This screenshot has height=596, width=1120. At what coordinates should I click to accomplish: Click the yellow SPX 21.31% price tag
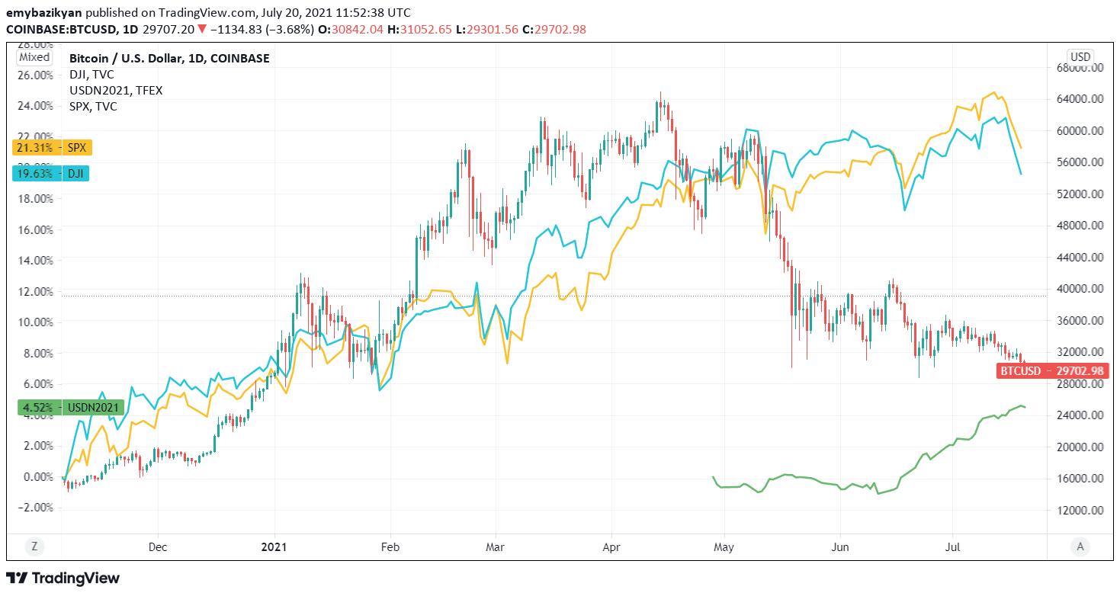[x=52, y=148]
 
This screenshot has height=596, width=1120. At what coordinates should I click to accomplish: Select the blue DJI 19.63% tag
[x=51, y=173]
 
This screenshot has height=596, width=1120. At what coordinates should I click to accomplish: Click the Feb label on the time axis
[x=390, y=546]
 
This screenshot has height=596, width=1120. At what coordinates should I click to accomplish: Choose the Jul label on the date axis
[x=952, y=546]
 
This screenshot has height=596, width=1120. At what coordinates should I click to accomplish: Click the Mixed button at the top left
[x=34, y=57]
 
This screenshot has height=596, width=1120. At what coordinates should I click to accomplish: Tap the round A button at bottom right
[x=1079, y=546]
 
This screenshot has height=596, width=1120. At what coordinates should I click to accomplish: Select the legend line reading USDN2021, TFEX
[x=116, y=90]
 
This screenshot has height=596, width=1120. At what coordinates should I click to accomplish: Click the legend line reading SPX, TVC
[x=93, y=106]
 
